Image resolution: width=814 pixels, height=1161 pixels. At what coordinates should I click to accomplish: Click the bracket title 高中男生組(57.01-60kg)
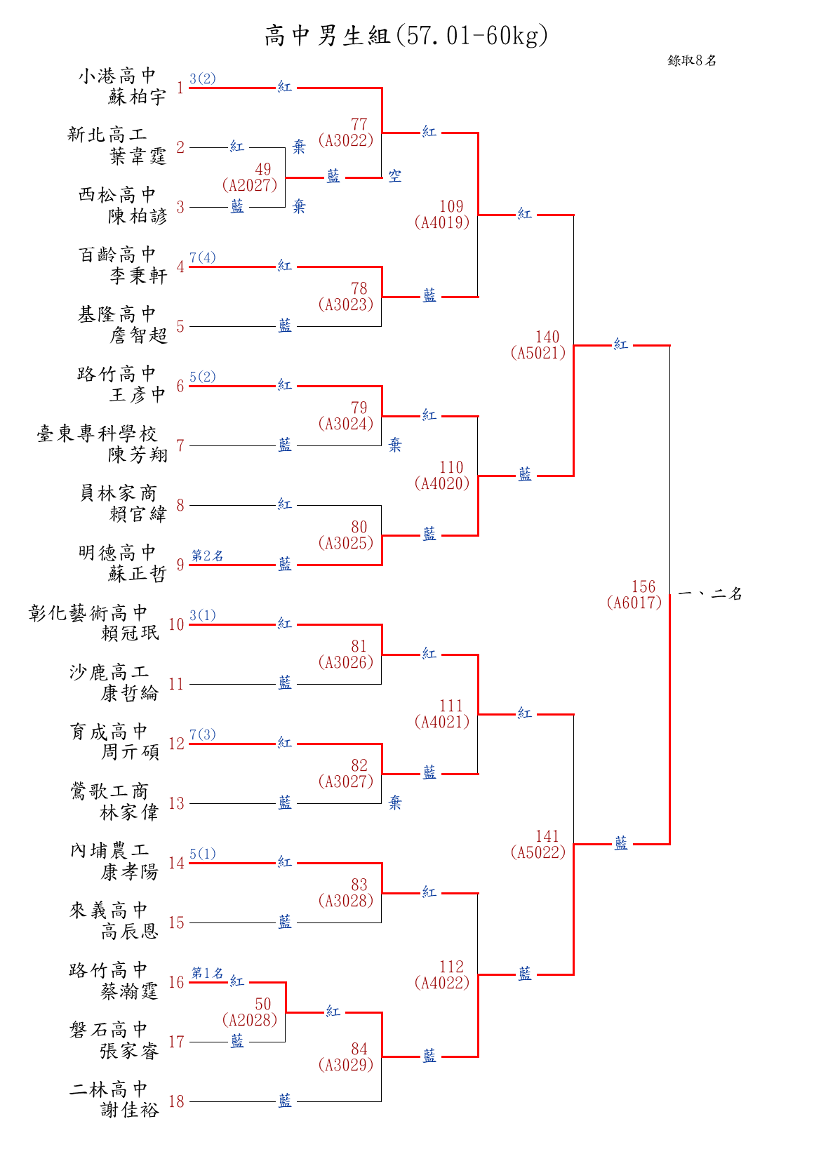tap(406, 35)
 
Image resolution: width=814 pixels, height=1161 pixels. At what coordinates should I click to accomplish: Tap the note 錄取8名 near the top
tap(692, 60)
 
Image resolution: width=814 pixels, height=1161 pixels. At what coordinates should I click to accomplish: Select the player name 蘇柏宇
tap(137, 97)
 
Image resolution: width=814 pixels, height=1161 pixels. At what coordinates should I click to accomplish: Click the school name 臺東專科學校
tap(96, 434)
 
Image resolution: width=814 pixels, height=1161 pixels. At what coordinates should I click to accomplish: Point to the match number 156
tap(643, 586)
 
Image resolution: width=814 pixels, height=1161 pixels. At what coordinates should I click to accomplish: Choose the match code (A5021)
tap(538, 353)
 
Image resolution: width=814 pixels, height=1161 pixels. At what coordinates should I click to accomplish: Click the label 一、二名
tap(709, 593)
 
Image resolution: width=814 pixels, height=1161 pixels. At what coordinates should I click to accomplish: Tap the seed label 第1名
tap(208, 973)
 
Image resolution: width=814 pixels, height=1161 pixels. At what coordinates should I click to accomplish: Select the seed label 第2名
tap(208, 556)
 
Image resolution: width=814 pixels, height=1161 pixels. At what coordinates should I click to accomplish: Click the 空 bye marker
tap(395, 175)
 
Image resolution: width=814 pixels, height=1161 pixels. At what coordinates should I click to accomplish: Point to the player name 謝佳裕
tap(130, 1110)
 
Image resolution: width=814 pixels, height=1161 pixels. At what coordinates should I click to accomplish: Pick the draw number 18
tap(176, 1101)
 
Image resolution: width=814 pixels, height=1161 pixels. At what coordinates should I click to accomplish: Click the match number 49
tap(263, 169)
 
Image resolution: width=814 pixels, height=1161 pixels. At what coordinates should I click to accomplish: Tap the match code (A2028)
tap(250, 1020)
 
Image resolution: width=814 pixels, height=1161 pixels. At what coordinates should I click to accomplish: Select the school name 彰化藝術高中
tap(88, 612)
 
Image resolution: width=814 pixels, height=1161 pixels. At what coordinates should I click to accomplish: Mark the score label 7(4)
tap(202, 257)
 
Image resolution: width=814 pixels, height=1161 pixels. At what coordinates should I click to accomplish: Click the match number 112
tap(451, 967)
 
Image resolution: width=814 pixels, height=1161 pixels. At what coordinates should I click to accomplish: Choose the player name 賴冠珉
tap(130, 633)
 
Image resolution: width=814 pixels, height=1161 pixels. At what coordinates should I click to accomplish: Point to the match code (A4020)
tap(442, 483)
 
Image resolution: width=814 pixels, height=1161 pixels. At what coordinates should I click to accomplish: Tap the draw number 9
tap(180, 565)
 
